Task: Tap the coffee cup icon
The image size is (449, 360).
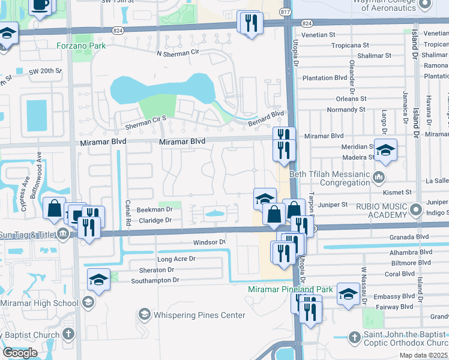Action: [x=40, y=5]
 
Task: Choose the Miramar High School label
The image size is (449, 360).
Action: [x=40, y=303]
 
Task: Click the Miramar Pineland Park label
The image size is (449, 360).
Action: [x=291, y=289]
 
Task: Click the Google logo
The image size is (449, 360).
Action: [x=20, y=353]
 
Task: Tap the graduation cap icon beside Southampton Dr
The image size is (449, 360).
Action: [x=99, y=279]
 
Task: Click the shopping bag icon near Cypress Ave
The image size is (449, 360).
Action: [x=55, y=208]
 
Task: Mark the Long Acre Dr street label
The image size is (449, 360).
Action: [x=176, y=259]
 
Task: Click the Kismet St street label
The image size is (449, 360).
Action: [x=399, y=192]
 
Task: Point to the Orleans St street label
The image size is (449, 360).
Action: [x=351, y=99]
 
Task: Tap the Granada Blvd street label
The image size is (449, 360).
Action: [x=411, y=237]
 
